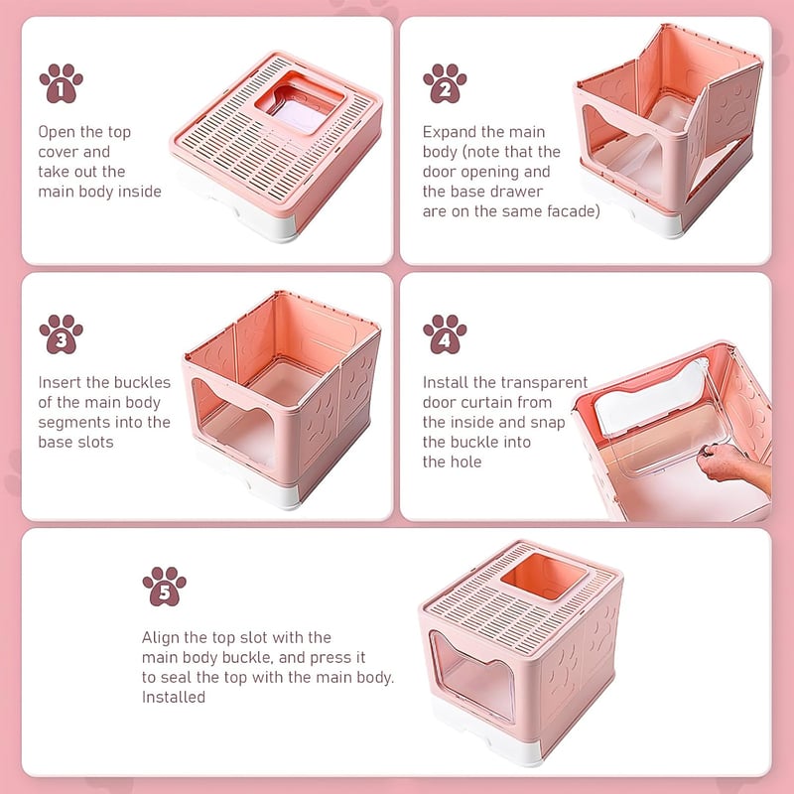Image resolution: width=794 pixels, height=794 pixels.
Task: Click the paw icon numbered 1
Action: pos(62,83)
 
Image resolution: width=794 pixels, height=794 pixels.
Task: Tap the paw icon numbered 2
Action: pos(445,83)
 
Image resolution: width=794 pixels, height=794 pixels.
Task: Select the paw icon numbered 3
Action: pos(62,333)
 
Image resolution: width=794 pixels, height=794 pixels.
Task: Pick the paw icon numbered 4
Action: pos(445,333)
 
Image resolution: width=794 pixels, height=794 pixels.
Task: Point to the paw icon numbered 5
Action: pos(164,586)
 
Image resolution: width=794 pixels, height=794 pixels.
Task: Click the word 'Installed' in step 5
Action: pos(174,698)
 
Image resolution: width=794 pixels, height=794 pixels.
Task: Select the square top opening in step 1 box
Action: pos(300,103)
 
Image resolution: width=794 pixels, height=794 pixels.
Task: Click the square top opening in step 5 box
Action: pos(543,577)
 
